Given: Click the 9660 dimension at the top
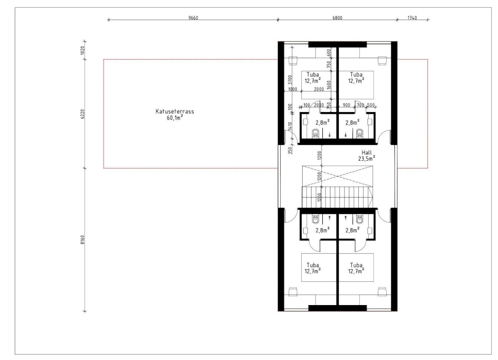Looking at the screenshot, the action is [193, 18].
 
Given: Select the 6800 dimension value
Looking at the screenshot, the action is [337, 18].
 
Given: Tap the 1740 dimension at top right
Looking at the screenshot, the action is [412, 18].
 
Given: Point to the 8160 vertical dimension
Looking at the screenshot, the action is [82, 240].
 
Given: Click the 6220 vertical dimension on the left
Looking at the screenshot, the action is [82, 114].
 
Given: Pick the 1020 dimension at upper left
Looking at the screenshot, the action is [82, 50].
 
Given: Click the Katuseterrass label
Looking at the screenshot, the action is [175, 112].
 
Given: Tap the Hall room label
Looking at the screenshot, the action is [367, 153].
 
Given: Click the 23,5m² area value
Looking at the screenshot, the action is [367, 158].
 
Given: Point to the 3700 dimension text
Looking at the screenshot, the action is [290, 79].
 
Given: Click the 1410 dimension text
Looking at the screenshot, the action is [290, 126].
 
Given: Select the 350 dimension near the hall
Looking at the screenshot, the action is [290, 150].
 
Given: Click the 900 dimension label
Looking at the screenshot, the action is [347, 105].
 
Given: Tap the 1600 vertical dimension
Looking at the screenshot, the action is [329, 85].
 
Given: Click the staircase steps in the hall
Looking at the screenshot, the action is [337, 197].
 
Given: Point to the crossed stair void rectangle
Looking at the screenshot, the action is [337, 176].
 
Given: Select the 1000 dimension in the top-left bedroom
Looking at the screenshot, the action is [293, 89].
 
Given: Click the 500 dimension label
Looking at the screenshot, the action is [371, 105].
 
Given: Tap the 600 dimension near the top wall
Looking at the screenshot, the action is [329, 52].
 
